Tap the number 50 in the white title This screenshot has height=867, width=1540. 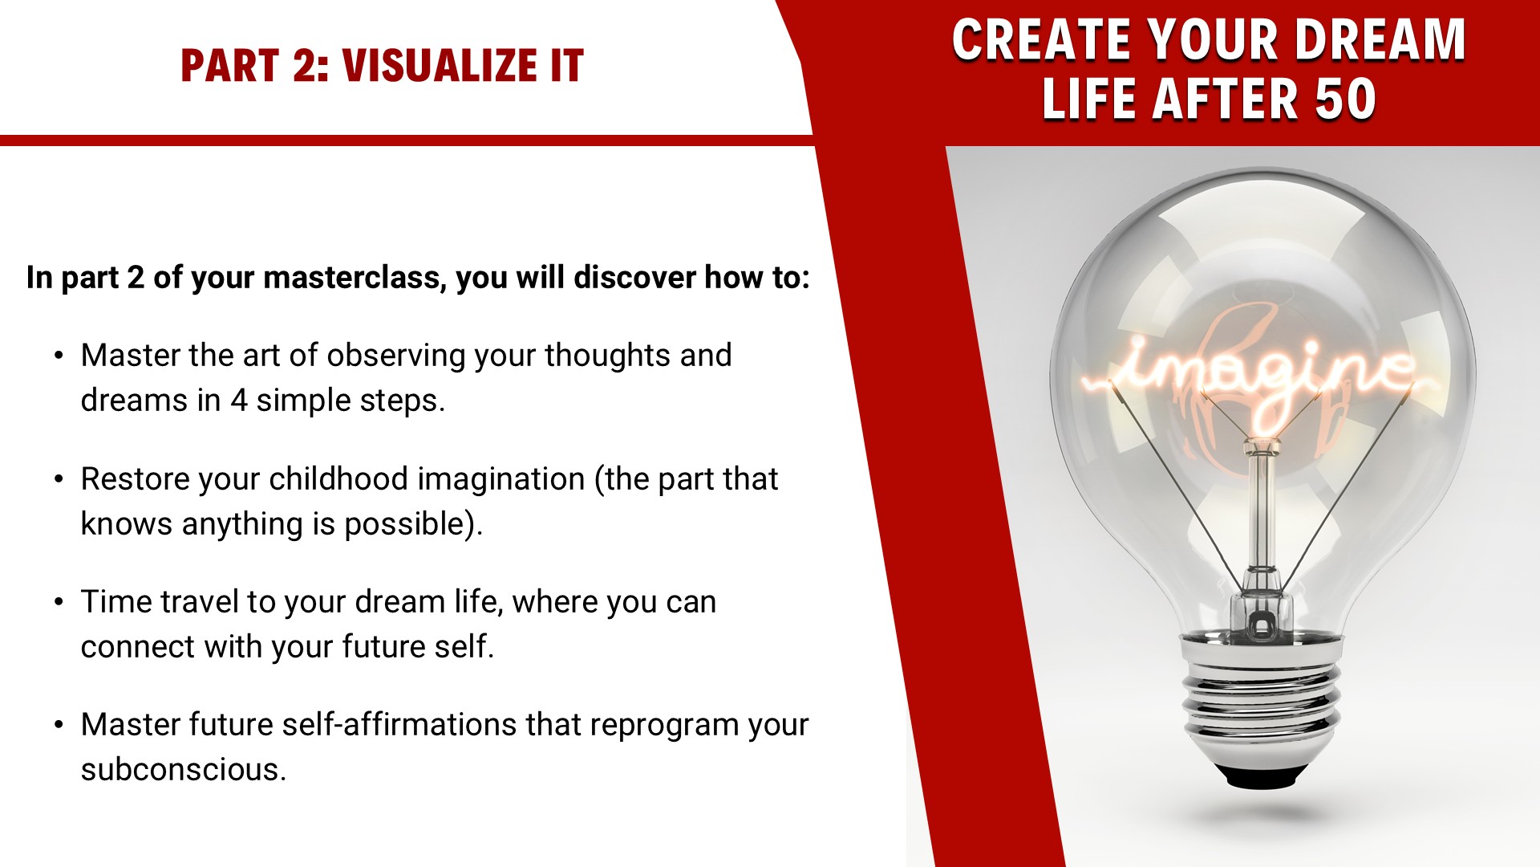pyautogui.click(x=1345, y=100)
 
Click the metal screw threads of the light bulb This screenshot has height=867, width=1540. pyautogui.click(x=1260, y=698)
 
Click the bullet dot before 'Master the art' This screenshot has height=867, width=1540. pyautogui.click(x=59, y=356)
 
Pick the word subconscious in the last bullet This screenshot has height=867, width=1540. pyautogui.click(x=183, y=769)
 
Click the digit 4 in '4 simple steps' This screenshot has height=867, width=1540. pyautogui.click(x=239, y=401)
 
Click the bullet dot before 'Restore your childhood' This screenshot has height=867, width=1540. pyautogui.click(x=59, y=479)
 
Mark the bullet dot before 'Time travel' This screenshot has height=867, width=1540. pyautogui.click(x=59, y=602)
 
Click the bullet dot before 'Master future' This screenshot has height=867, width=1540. pyautogui.click(x=59, y=725)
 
